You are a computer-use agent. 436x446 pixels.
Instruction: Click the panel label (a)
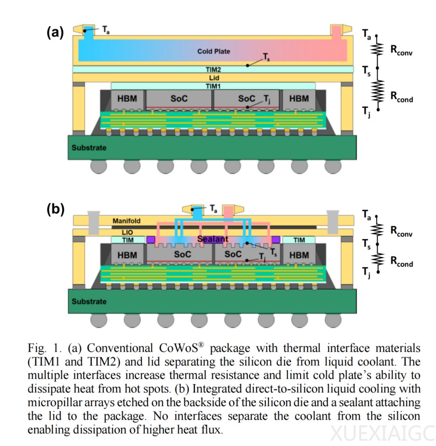(55, 32)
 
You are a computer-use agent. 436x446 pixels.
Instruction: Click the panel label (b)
(55, 210)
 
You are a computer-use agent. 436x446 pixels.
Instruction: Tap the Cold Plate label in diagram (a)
(214, 51)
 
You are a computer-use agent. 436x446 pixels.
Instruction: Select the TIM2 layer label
(214, 70)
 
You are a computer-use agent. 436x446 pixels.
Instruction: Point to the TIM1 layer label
(214, 86)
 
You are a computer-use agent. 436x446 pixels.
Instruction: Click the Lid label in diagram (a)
(214, 78)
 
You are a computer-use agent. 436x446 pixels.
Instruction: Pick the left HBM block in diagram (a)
(127, 99)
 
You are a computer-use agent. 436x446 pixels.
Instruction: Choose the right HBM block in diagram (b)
(299, 255)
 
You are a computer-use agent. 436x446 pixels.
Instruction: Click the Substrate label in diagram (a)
(89, 148)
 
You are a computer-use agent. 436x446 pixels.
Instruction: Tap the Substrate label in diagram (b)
(89, 301)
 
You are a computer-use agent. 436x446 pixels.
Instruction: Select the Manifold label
(126, 221)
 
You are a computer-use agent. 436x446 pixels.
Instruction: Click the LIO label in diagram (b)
(127, 233)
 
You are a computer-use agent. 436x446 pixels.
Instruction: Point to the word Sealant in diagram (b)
(213, 239)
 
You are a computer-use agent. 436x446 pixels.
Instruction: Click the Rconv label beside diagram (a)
(401, 50)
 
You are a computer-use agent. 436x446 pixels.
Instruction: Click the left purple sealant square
(151, 240)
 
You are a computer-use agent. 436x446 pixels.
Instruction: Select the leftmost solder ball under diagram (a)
(99, 166)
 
